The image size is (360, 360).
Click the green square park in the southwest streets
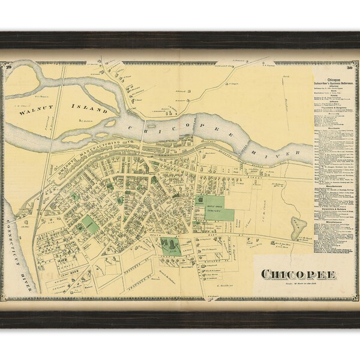click(x=91, y=225)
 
